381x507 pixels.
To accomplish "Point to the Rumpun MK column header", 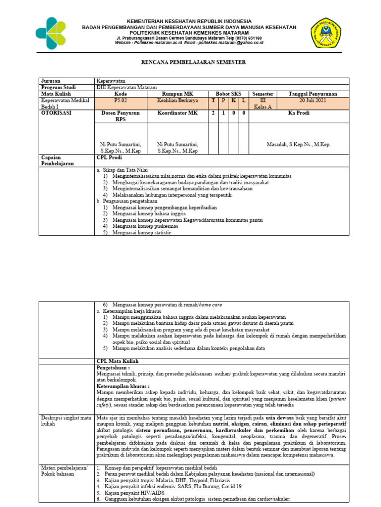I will pos(177,94).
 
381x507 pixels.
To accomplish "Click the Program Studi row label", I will pos(57,87).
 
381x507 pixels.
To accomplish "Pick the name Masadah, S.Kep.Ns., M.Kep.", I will pos(299,145).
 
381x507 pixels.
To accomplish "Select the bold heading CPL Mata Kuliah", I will pos(117,362).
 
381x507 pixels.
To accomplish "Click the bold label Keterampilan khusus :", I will pos(123,386).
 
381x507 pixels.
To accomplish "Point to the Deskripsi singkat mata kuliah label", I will pos(65,421).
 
